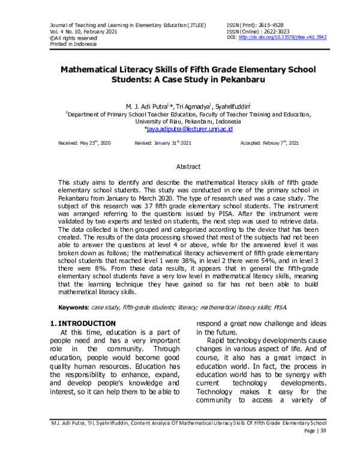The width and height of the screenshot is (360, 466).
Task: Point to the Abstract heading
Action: coord(180,166)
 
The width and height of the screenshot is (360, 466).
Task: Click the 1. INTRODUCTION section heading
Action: coord(82,324)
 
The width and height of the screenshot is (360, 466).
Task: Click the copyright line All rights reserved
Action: coord(67,37)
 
